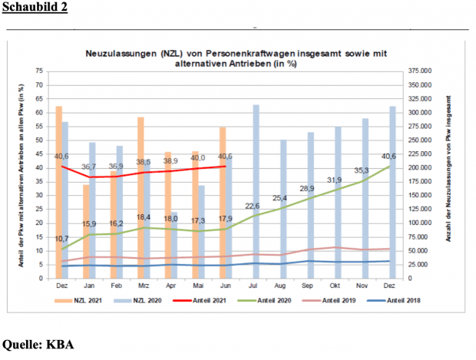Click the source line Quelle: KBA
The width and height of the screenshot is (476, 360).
(39, 344)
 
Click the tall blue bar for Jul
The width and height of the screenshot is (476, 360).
(256, 192)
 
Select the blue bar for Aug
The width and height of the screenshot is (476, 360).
(283, 207)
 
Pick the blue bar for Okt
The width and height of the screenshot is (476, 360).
(338, 200)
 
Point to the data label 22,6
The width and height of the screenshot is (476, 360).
(253, 206)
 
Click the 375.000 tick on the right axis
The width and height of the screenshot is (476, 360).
(421, 70)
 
